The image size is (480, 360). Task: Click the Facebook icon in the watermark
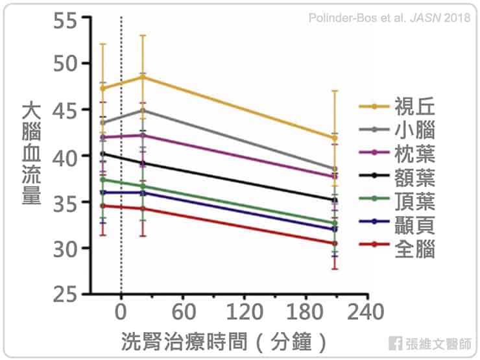coord(394,343)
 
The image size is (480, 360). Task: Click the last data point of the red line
coord(335,243)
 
